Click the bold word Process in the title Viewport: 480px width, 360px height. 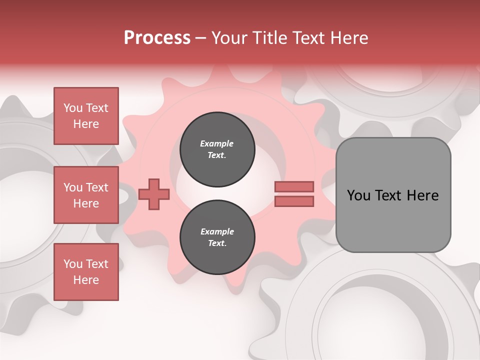[157, 37]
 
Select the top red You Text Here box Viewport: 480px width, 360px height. [86, 116]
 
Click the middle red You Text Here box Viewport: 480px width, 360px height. [86, 195]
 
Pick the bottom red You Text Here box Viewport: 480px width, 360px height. [86, 272]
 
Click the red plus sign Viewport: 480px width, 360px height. [153, 194]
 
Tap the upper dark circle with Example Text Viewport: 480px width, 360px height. [217, 149]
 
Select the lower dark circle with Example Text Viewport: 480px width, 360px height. [217, 237]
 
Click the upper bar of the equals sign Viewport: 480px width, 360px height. [294, 186]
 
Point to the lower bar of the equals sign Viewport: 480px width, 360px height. [294, 201]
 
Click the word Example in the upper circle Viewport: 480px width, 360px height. [217, 143]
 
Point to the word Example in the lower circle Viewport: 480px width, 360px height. [217, 231]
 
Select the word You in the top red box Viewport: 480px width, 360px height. [73, 108]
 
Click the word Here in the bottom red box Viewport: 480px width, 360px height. [86, 280]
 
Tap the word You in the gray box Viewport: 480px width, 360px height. [358, 195]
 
